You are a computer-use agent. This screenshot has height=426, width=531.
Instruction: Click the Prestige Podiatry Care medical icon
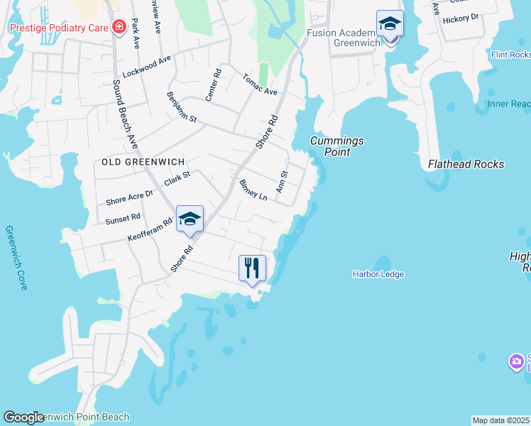tap(119, 28)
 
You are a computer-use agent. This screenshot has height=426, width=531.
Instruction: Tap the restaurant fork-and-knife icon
tap(252, 268)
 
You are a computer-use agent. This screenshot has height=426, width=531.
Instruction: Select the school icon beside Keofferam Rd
tap(190, 219)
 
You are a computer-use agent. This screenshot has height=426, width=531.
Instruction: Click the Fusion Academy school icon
tap(390, 24)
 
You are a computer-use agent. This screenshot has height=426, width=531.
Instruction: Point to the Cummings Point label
tap(336, 146)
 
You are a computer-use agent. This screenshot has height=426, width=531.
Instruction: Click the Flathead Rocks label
tap(466, 164)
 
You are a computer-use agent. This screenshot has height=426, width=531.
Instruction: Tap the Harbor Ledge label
tap(378, 274)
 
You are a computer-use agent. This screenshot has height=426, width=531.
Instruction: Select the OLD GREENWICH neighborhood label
tap(133, 162)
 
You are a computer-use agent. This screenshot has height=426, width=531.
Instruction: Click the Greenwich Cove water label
tap(16, 258)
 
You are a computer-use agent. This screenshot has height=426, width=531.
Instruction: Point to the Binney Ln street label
tap(253, 190)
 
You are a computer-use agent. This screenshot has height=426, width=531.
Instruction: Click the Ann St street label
tap(283, 181)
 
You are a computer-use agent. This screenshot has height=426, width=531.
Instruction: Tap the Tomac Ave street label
tap(259, 84)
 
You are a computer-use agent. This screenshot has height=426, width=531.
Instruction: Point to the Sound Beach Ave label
tap(126, 114)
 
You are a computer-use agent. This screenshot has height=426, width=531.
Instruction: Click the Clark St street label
tap(177, 178)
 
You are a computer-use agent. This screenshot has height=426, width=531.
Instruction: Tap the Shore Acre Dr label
tap(129, 198)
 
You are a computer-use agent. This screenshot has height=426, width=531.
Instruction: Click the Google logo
tap(24, 417)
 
